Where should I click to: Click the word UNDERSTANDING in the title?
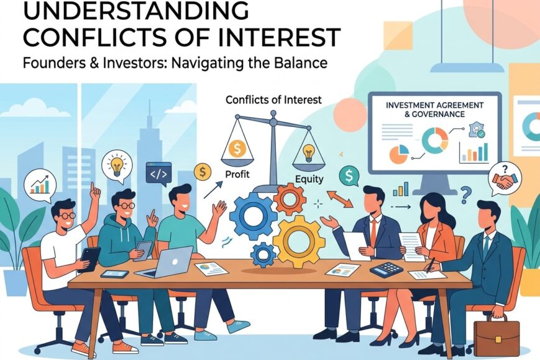point(136,11)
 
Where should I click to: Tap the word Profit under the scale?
point(237,174)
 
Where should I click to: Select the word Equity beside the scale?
point(309,179)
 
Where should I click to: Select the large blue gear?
point(254,216)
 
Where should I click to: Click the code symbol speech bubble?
point(158,174)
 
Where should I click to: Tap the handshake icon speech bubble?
point(505,179)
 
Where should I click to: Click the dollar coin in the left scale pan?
point(237,149)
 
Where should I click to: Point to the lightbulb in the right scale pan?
point(308,154)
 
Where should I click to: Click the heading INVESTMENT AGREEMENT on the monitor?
point(434,105)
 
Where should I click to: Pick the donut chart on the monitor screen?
point(435,141)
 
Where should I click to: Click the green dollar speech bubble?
point(349,177)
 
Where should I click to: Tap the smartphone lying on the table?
point(115,274)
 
